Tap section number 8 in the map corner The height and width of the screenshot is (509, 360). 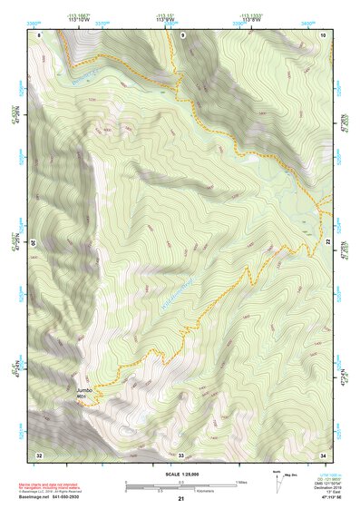coord(39,34)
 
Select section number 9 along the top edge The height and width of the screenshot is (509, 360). coord(181,34)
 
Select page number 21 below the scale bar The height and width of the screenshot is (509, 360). coord(180,499)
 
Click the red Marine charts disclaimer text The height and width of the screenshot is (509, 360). coord(64,485)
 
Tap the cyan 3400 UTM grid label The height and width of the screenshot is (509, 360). coord(309,15)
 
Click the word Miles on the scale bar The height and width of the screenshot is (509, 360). coord(241,482)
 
